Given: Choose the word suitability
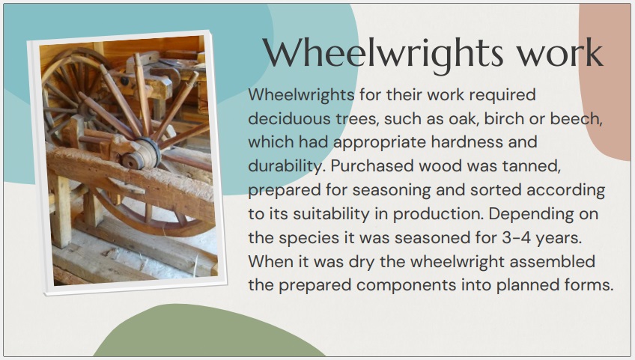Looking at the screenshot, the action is click(331, 214).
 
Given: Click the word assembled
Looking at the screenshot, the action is click(553, 261).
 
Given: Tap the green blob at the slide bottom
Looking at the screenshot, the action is click(209, 333).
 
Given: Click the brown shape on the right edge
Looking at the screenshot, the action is click(607, 81).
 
